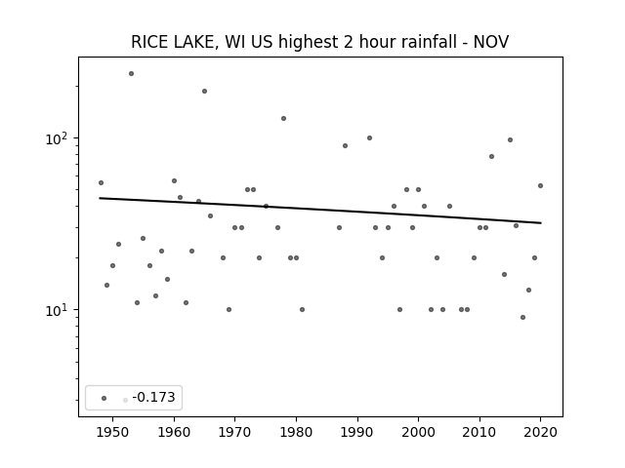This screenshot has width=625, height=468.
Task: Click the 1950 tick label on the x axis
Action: click(113, 433)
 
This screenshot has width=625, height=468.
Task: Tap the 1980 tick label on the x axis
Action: click(296, 433)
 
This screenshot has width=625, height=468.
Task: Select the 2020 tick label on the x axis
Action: click(540, 433)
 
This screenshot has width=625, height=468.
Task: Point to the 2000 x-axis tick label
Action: click(418, 433)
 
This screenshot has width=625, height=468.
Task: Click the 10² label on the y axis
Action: click(57, 138)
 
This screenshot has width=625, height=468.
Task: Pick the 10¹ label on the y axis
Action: click(57, 310)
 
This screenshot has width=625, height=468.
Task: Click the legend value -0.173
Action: click(153, 397)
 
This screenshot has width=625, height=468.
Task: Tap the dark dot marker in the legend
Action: click(104, 398)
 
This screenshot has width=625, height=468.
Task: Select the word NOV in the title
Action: click(491, 42)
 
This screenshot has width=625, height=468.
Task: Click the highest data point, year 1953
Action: click(131, 74)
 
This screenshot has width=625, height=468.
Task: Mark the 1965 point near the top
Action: click(204, 91)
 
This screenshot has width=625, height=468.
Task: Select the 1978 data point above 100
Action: click(284, 118)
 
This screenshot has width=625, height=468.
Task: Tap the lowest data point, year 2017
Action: click(523, 317)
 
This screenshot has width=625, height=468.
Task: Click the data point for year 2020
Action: click(540, 185)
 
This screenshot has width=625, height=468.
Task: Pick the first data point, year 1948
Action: click(101, 182)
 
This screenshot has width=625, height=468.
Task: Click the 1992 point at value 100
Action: click(369, 138)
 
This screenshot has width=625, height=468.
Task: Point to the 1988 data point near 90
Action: click(345, 145)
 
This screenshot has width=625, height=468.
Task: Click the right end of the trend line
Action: click(541, 223)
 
